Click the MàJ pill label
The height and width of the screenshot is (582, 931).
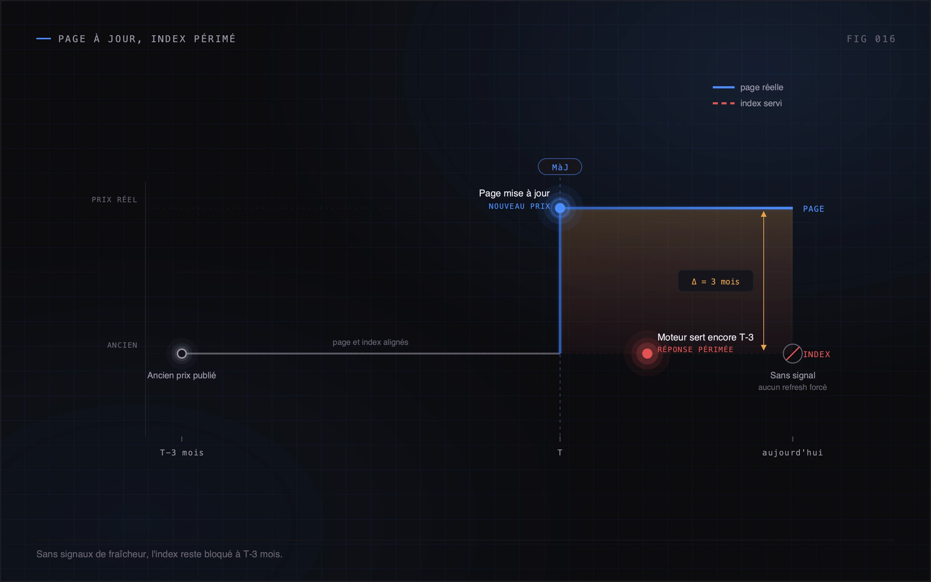pyautogui.click(x=560, y=167)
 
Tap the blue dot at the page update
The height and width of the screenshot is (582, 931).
pyautogui.click(x=560, y=208)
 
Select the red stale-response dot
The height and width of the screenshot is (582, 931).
pyautogui.click(x=647, y=353)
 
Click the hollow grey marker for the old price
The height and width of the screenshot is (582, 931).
pyautogui.click(x=181, y=353)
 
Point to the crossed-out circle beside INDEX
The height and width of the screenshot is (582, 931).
pyautogui.click(x=792, y=353)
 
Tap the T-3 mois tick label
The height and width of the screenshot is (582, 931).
pyautogui.click(x=181, y=453)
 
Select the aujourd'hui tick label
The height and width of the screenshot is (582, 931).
pyautogui.click(x=792, y=453)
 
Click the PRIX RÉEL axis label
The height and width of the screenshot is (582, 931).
pyautogui.click(x=114, y=199)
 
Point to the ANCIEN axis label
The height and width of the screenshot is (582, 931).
pyautogui.click(x=122, y=345)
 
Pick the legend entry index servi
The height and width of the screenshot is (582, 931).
pyautogui.click(x=747, y=103)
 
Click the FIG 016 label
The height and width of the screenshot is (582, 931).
pyautogui.click(x=871, y=39)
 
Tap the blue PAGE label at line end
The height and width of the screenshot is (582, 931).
pyautogui.click(x=813, y=209)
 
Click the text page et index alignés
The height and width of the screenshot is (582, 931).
pyautogui.click(x=370, y=342)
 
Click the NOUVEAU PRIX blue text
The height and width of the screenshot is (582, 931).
pyautogui.click(x=519, y=206)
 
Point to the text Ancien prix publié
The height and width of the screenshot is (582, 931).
pyautogui.click(x=181, y=375)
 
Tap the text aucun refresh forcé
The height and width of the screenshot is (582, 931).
pyautogui.click(x=792, y=387)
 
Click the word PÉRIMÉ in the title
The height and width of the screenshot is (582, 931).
pyautogui.click(x=215, y=39)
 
